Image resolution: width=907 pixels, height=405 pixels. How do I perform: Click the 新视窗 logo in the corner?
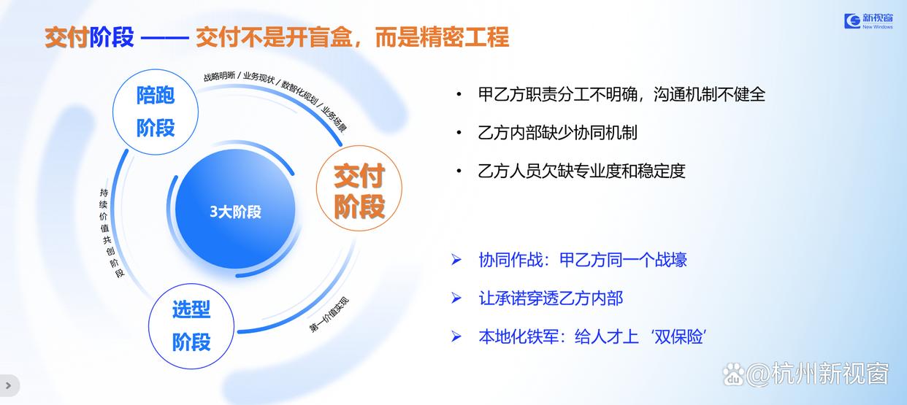(x=868, y=21)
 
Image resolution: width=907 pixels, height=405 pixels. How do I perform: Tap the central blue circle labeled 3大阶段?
(x=235, y=209)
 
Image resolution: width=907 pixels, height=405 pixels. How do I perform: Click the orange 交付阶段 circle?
(x=359, y=188)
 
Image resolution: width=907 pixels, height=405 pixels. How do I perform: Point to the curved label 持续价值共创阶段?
(x=109, y=233)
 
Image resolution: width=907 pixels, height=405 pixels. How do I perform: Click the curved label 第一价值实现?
(x=329, y=315)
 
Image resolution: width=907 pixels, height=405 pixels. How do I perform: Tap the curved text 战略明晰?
(x=219, y=76)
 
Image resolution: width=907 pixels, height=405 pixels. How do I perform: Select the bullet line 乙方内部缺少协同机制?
(x=557, y=133)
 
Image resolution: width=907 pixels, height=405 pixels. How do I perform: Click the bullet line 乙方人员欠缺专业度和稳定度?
(x=581, y=171)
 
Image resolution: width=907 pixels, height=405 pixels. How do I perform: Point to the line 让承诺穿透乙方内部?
(x=551, y=298)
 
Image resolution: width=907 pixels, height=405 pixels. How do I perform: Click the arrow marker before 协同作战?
(x=456, y=260)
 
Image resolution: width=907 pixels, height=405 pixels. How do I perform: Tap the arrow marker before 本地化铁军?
(x=456, y=336)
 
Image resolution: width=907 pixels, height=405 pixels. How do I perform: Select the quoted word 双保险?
(x=678, y=336)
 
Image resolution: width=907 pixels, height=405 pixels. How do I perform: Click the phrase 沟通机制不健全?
(x=709, y=94)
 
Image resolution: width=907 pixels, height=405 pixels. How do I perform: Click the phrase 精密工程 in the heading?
(x=464, y=37)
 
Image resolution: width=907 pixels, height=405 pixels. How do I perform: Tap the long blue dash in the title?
(x=165, y=39)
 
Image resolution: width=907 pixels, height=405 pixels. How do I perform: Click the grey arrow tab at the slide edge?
(x=9, y=385)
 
